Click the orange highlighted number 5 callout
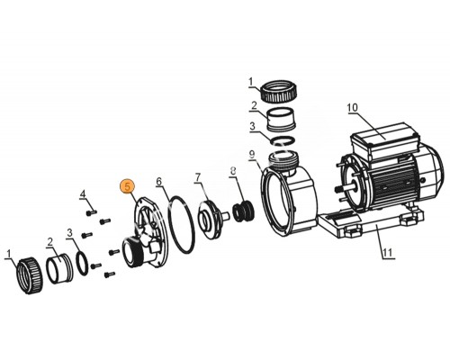(x=128, y=186)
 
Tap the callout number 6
(x=159, y=181)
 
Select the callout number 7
(x=197, y=177)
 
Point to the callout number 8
(x=233, y=171)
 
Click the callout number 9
(x=252, y=155)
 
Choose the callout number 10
(x=353, y=107)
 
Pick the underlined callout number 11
(x=388, y=252)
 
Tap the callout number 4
(x=83, y=194)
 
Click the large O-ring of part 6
(x=182, y=225)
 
